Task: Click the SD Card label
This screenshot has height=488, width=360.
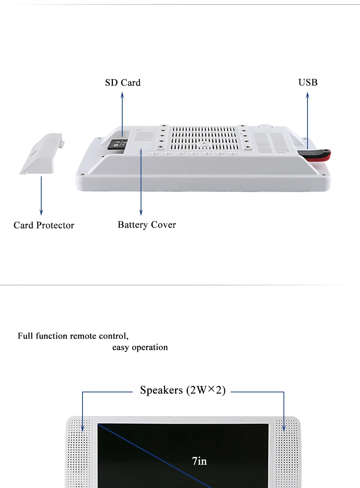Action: [x=123, y=83]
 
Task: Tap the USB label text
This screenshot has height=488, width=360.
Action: [x=308, y=83]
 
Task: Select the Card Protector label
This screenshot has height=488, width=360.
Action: [x=44, y=225]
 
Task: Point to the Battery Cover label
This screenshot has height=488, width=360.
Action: [x=147, y=225]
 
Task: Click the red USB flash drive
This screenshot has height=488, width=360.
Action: [x=315, y=155]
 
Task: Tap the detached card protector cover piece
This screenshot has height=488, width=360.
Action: [x=42, y=153]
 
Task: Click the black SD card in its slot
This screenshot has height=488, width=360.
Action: [x=117, y=144]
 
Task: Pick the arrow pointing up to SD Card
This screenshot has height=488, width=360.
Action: [x=122, y=114]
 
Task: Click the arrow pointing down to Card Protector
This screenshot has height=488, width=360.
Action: [x=41, y=196]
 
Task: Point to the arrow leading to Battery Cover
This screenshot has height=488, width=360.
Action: [x=141, y=182]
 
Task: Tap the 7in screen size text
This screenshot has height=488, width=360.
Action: [x=199, y=461]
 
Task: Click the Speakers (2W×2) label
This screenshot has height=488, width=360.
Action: [x=183, y=390]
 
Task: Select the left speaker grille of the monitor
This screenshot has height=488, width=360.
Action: [x=79, y=453]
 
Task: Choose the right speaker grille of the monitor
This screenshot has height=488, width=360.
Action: [x=287, y=453]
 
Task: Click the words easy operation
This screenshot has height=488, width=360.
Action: [x=140, y=347]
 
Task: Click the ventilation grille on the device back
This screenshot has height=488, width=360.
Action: [x=204, y=138]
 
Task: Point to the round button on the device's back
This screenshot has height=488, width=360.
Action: [x=265, y=127]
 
